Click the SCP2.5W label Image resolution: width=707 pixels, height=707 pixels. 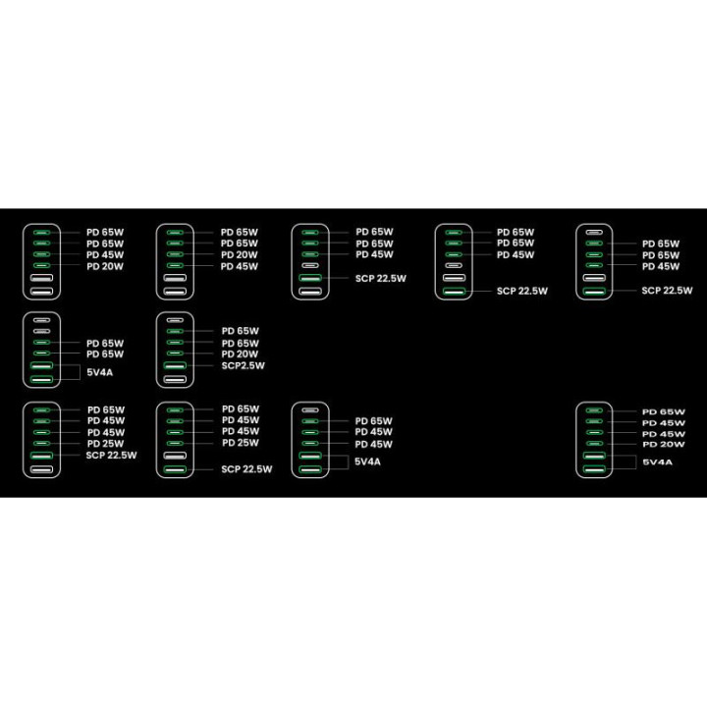244,365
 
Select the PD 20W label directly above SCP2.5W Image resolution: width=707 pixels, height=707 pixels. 240,354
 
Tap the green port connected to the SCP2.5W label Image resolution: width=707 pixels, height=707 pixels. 175,365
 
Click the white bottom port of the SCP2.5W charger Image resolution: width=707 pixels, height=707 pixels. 175,379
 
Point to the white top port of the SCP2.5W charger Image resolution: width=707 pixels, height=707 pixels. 175,320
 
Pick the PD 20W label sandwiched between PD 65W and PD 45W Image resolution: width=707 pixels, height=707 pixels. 240,254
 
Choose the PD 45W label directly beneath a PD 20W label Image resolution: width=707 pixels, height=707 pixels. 240,266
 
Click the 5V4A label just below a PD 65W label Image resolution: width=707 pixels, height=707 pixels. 99,372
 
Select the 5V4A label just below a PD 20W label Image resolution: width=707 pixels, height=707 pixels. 657,462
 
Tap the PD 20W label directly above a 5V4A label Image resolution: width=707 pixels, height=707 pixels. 664,444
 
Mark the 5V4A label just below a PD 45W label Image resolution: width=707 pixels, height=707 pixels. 367,462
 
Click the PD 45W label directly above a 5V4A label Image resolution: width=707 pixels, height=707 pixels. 374,444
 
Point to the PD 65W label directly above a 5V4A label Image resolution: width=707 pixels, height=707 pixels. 105,354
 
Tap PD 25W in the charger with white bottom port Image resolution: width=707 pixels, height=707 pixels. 105,444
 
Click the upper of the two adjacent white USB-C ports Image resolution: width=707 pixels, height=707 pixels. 41,320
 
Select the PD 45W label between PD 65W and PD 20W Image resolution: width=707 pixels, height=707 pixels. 105,254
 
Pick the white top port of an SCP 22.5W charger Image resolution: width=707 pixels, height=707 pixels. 594,233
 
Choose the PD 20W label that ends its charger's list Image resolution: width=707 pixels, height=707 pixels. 105,266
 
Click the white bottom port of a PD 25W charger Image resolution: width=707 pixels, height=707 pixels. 41,469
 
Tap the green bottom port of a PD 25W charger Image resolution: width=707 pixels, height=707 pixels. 175,469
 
